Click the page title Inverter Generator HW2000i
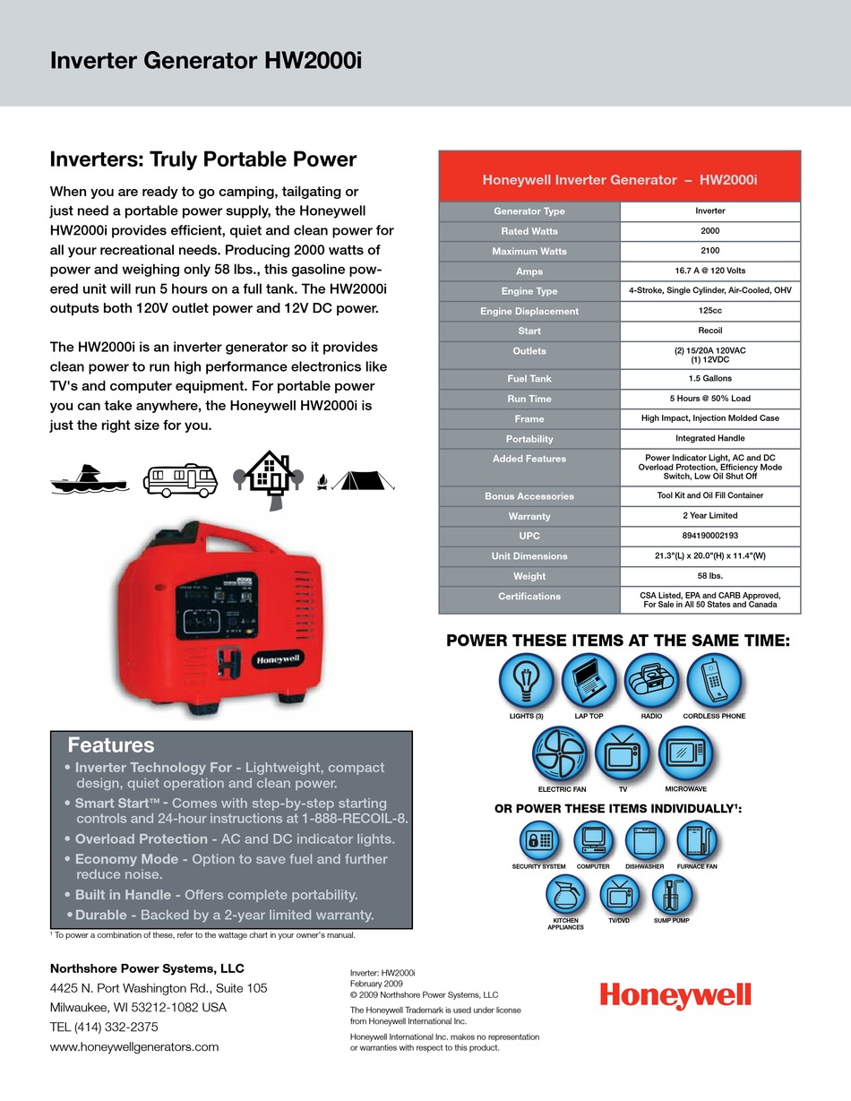click(x=205, y=61)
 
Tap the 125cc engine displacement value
click(x=709, y=311)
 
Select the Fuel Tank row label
click(x=529, y=379)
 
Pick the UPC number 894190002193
click(x=709, y=536)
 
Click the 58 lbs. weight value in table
click(x=709, y=576)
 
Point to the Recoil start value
click(x=709, y=331)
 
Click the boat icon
click(x=88, y=480)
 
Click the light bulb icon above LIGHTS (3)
click(x=527, y=682)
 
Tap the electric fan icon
click(x=561, y=753)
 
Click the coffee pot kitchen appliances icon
click(x=566, y=893)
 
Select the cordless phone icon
click(x=714, y=682)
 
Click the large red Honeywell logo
click(x=675, y=996)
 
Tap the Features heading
click(x=111, y=745)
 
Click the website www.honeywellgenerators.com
click(x=134, y=1046)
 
